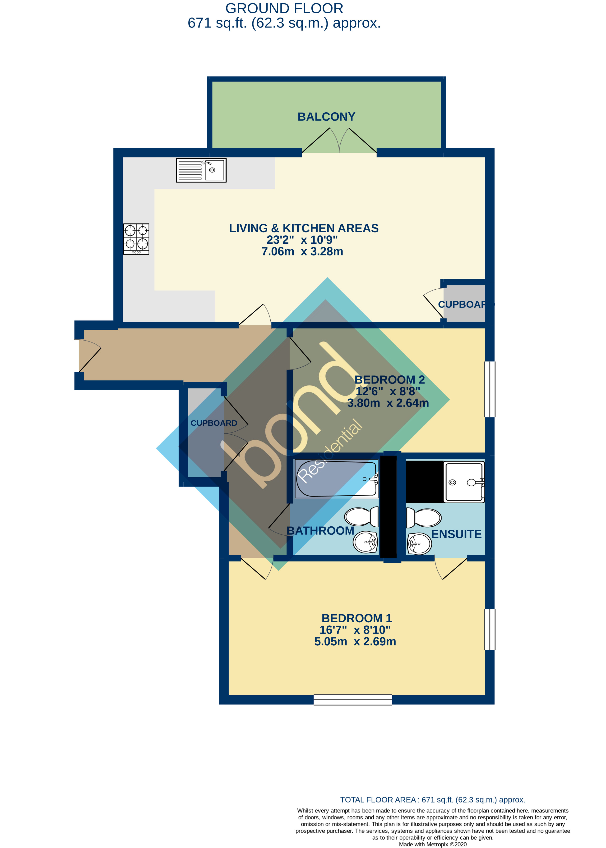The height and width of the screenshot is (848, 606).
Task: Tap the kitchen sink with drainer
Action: click(201, 170)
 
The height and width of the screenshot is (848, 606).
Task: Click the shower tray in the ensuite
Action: click(464, 482)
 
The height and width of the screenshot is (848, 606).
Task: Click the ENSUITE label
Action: click(456, 534)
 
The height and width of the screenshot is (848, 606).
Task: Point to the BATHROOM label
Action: click(320, 531)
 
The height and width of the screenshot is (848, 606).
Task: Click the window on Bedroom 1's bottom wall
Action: click(353, 700)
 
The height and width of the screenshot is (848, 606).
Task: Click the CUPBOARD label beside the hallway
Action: click(214, 423)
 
